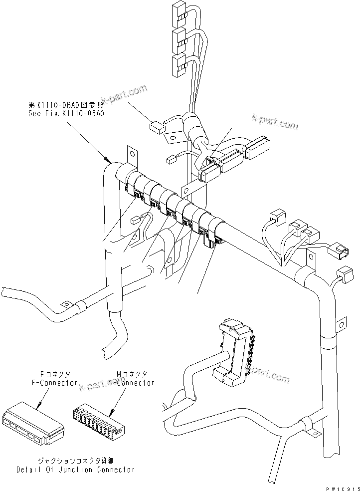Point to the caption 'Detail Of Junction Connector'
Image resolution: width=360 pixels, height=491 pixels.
75,470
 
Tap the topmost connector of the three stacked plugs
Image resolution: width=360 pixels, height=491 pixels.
178,11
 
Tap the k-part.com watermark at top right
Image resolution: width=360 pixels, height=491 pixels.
275,122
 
